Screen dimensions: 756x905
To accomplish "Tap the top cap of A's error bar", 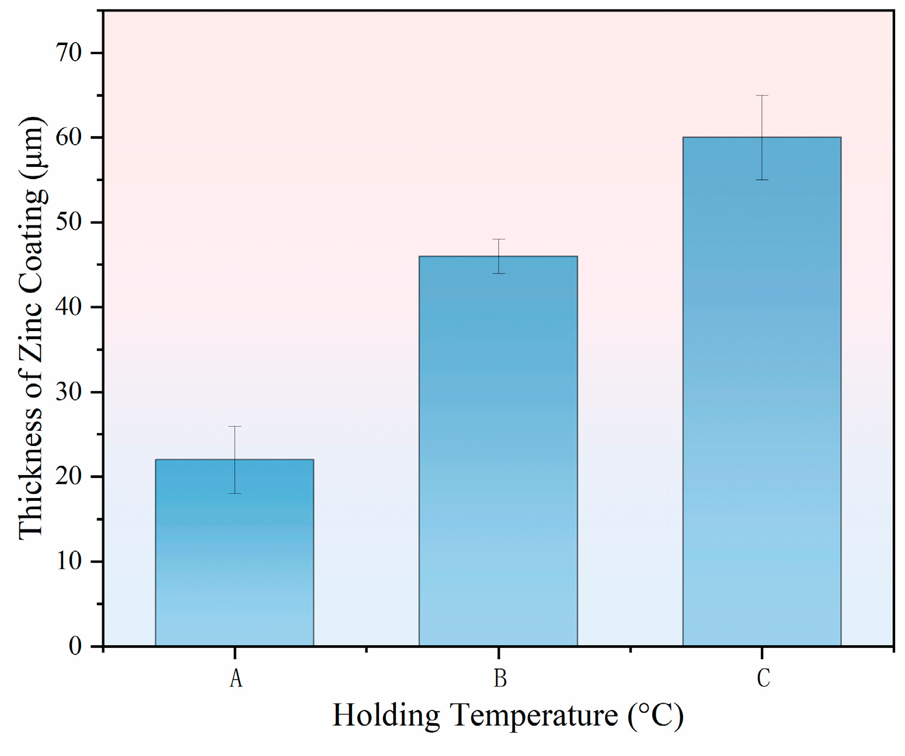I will [x=234, y=427].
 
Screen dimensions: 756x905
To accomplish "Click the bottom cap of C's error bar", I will [x=761, y=180].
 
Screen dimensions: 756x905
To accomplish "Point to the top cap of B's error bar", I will [x=498, y=239].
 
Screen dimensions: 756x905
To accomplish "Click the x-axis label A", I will [x=235, y=678].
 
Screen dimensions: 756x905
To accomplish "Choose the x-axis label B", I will [x=500, y=678].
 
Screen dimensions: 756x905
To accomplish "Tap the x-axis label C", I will [x=763, y=678].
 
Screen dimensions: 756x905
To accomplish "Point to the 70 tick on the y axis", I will [x=69, y=53].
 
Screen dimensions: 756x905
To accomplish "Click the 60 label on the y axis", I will [x=69, y=138].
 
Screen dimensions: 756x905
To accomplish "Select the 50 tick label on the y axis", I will [x=69, y=222].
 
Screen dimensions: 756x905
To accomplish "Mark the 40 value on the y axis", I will [x=69, y=307].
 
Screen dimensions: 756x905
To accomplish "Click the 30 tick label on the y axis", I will [x=69, y=392].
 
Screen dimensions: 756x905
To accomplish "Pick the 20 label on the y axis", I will [x=69, y=476].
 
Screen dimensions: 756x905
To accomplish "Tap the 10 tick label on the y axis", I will [x=69, y=561].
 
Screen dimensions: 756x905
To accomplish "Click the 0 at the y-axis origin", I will [x=75, y=646].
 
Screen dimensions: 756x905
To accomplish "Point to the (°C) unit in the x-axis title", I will [x=655, y=715].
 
